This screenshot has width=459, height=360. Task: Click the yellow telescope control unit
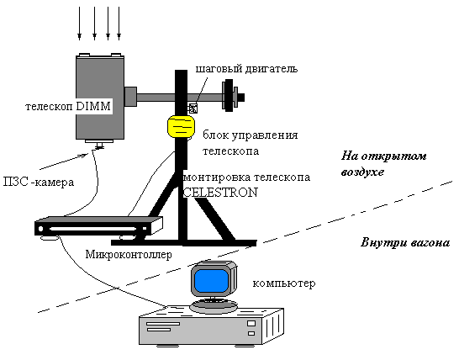[x=181, y=126]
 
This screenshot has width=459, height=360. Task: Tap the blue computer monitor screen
[x=211, y=281]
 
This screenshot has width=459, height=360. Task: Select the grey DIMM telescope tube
[x=100, y=97]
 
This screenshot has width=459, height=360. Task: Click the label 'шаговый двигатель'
[x=246, y=69]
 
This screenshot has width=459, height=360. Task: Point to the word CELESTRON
[x=220, y=193]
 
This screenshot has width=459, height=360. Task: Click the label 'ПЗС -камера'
[x=39, y=183]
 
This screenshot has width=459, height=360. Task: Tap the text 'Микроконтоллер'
[x=129, y=254]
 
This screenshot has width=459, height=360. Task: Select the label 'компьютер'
[x=284, y=283]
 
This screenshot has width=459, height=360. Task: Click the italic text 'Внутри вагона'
[x=405, y=243]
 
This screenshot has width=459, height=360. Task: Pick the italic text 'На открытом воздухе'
[x=383, y=163]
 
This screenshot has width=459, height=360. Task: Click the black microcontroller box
[x=98, y=226]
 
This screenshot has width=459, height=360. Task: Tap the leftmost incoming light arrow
[x=79, y=24]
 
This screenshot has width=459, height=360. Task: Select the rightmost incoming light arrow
[x=119, y=24]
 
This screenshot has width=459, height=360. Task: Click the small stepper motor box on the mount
[x=193, y=109]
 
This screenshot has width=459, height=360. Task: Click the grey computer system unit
[x=211, y=326]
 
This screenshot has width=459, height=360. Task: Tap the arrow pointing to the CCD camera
[x=64, y=161]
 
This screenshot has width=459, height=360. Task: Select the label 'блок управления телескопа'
[x=251, y=143]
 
